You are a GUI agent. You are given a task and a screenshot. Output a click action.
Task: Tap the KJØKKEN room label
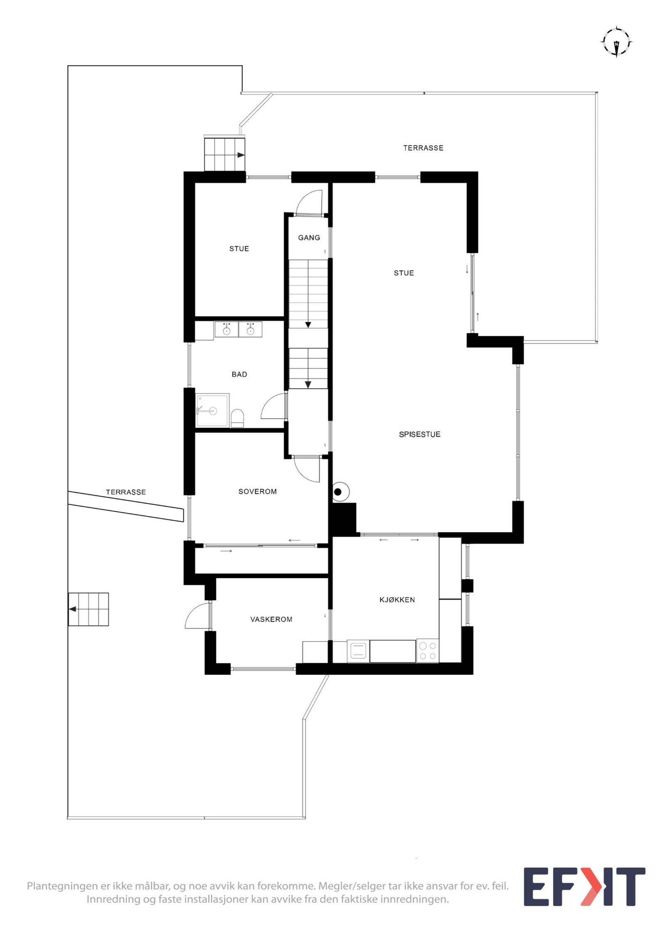(397, 600)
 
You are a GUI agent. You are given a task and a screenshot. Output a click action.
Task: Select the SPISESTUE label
(419, 434)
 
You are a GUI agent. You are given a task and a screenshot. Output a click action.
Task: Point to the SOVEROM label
(257, 491)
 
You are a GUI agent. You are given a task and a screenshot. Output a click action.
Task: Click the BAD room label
(239, 374)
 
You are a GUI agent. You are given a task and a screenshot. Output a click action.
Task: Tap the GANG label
(309, 237)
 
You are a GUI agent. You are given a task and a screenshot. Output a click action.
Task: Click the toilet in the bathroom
(237, 417)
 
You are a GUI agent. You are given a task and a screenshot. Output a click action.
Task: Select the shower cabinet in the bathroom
(212, 410)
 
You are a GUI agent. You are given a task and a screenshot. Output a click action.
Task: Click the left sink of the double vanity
(227, 329)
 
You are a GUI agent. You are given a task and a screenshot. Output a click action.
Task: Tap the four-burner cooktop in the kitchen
(427, 651)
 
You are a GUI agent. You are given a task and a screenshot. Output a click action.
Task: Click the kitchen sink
(358, 650)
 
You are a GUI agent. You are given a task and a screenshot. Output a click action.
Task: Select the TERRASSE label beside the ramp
(126, 492)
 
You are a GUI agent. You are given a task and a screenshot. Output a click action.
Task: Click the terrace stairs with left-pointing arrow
(89, 609)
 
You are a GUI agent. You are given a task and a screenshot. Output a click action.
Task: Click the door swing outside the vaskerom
(197, 615)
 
